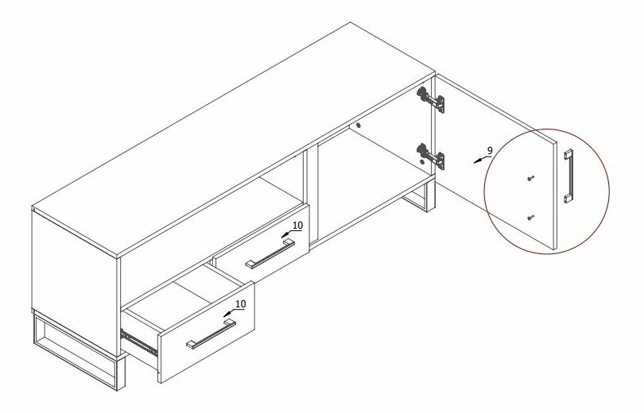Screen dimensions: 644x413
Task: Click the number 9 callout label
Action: [489, 151]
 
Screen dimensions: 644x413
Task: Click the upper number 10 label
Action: [297, 225]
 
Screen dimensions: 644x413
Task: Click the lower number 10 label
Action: [241, 304]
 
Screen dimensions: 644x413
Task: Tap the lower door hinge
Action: [430, 156]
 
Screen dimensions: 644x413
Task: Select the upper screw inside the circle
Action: [530, 178]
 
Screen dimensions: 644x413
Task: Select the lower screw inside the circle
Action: [530, 218]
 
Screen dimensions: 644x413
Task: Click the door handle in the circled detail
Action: [568, 176]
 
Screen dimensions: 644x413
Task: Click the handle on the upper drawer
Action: [270, 254]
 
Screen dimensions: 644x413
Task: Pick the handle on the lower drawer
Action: [211, 334]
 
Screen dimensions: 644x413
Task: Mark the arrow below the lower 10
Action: [229, 314]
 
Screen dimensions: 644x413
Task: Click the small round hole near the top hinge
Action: [358, 125]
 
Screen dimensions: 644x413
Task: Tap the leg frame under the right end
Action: [419, 196]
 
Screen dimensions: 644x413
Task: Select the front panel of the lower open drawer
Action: [208, 332]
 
